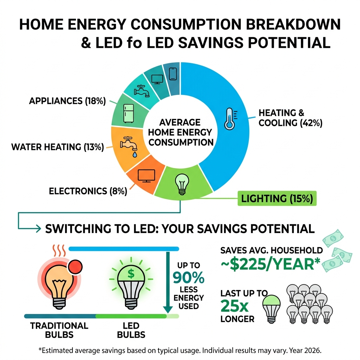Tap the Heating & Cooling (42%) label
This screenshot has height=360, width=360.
[x=290, y=118]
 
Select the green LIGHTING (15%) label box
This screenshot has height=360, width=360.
[x=277, y=199]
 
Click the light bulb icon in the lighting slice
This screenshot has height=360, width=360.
[x=182, y=184]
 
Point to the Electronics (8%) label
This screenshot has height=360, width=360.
[x=88, y=191]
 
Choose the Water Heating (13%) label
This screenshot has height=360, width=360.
[x=57, y=147]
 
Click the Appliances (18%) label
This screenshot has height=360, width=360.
[x=67, y=101]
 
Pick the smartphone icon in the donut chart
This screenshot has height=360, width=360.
[x=173, y=74]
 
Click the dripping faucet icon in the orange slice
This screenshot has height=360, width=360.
[x=128, y=145]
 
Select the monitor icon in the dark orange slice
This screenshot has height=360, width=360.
[x=144, y=175]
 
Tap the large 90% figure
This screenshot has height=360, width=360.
[x=188, y=278]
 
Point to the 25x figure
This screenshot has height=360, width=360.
[x=235, y=307]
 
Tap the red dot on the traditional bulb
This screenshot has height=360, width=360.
[x=75, y=268]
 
